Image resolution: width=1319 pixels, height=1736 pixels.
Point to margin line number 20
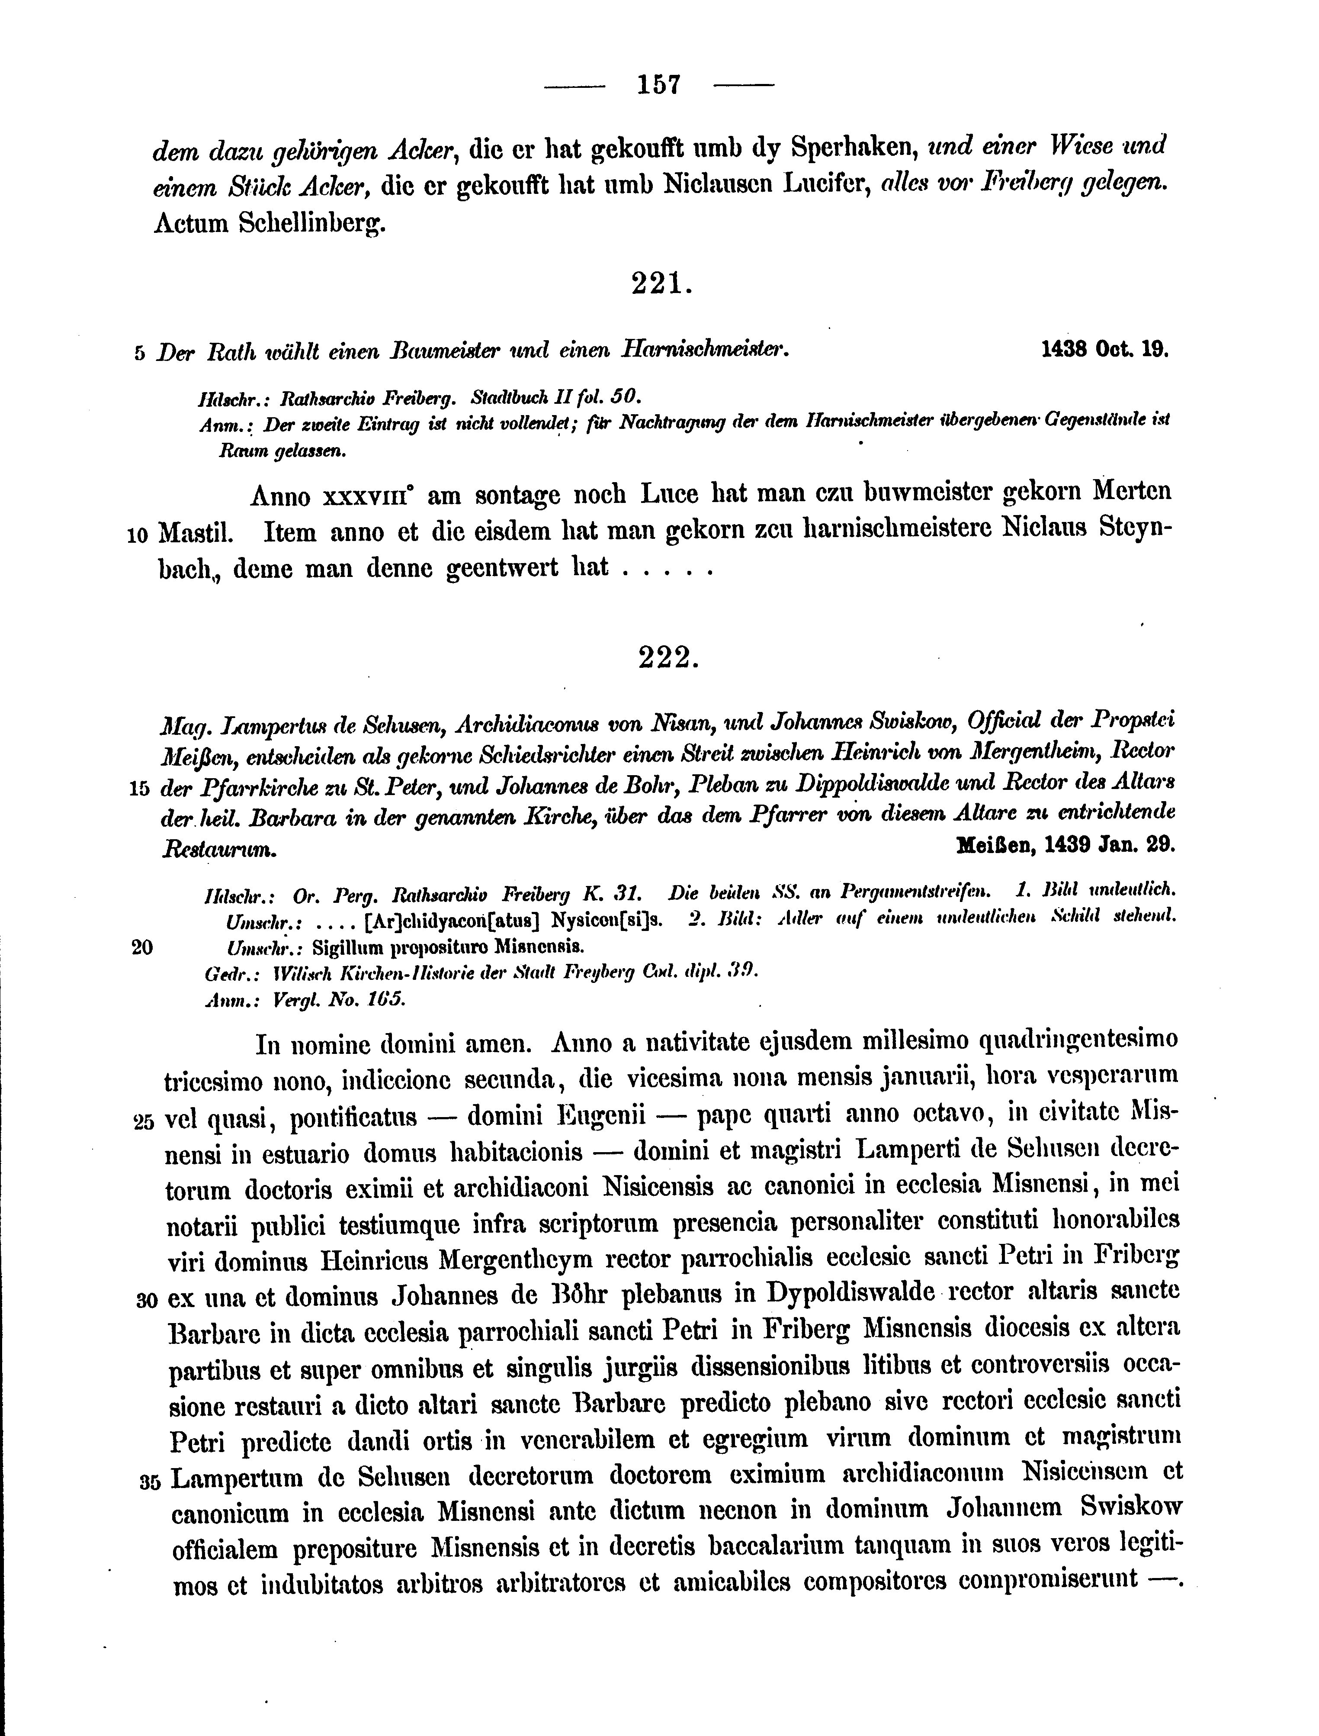point(142,947)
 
